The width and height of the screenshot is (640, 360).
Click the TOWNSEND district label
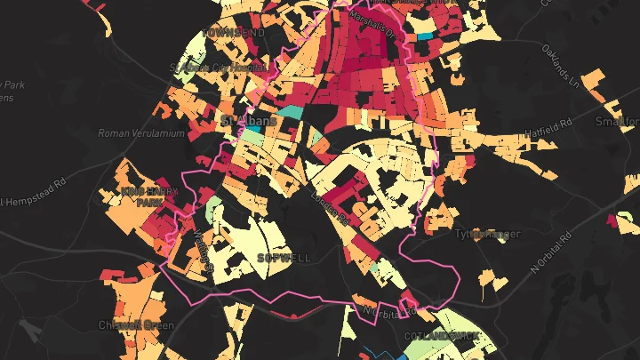pos(234,32)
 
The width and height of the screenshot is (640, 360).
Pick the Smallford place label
pos(617,121)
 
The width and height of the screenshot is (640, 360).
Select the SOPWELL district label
pos(284,257)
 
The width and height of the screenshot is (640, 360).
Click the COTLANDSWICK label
pos(442,336)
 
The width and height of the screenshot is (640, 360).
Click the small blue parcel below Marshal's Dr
pos(426,36)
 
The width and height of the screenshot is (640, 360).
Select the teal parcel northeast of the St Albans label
pos(290,113)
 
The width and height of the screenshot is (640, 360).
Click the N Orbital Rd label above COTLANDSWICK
pos(389,311)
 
